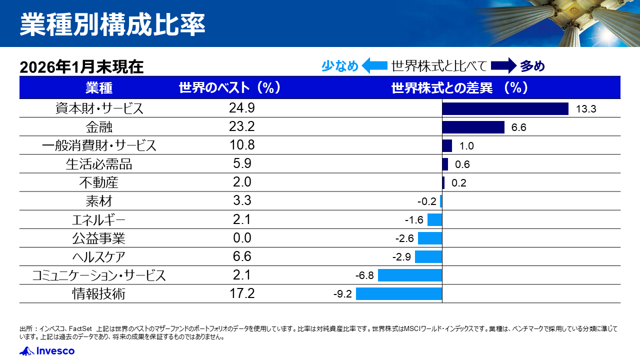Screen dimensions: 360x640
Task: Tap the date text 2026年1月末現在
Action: tap(81, 67)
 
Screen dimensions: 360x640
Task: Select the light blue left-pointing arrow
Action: tap(374, 66)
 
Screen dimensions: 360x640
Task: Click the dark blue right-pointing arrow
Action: tap(503, 66)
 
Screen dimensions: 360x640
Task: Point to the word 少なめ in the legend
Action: tap(340, 66)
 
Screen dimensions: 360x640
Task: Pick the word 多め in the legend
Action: tap(532, 66)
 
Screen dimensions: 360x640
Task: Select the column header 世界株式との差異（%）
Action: tap(460, 88)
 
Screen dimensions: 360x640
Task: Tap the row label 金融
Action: tap(99, 127)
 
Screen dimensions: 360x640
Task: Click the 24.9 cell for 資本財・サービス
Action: tap(242, 108)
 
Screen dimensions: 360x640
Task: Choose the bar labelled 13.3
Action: tap(505, 108)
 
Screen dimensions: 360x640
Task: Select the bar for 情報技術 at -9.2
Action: tap(399, 293)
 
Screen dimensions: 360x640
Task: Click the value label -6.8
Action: tap(365, 275)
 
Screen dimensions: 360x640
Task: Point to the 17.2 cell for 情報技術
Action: tap(242, 293)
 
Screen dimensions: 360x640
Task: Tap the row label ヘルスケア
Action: tap(99, 257)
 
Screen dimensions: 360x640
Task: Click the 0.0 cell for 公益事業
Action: tap(242, 238)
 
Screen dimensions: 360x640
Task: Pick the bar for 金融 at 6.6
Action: tap(473, 127)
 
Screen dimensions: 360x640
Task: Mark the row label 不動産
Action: tap(99, 182)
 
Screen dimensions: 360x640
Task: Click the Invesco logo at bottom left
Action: tap(47, 351)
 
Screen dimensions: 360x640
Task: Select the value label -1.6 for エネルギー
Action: tap(414, 220)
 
